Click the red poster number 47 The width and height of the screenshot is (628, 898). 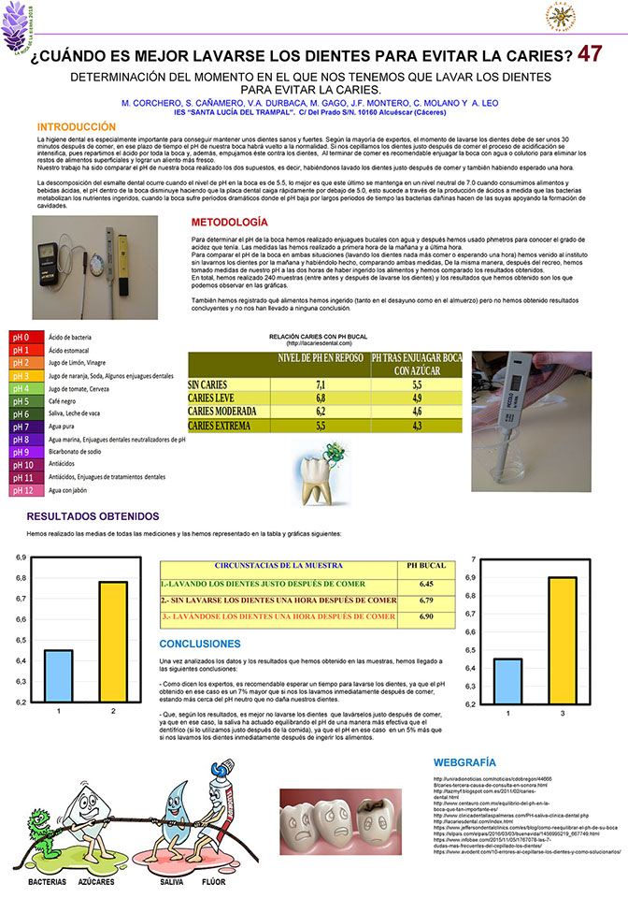[590, 53]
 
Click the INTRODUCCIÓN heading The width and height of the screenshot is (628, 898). [77, 126]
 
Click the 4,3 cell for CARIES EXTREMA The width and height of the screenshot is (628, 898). [416, 425]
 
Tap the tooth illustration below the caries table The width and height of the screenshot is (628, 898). [323, 474]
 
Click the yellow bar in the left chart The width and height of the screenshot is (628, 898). [112, 642]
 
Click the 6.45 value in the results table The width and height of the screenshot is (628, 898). [426, 583]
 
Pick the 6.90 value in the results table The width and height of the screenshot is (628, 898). [426, 617]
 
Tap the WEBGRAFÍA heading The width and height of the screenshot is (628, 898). [465, 762]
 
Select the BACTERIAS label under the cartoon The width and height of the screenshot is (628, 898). [47, 882]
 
